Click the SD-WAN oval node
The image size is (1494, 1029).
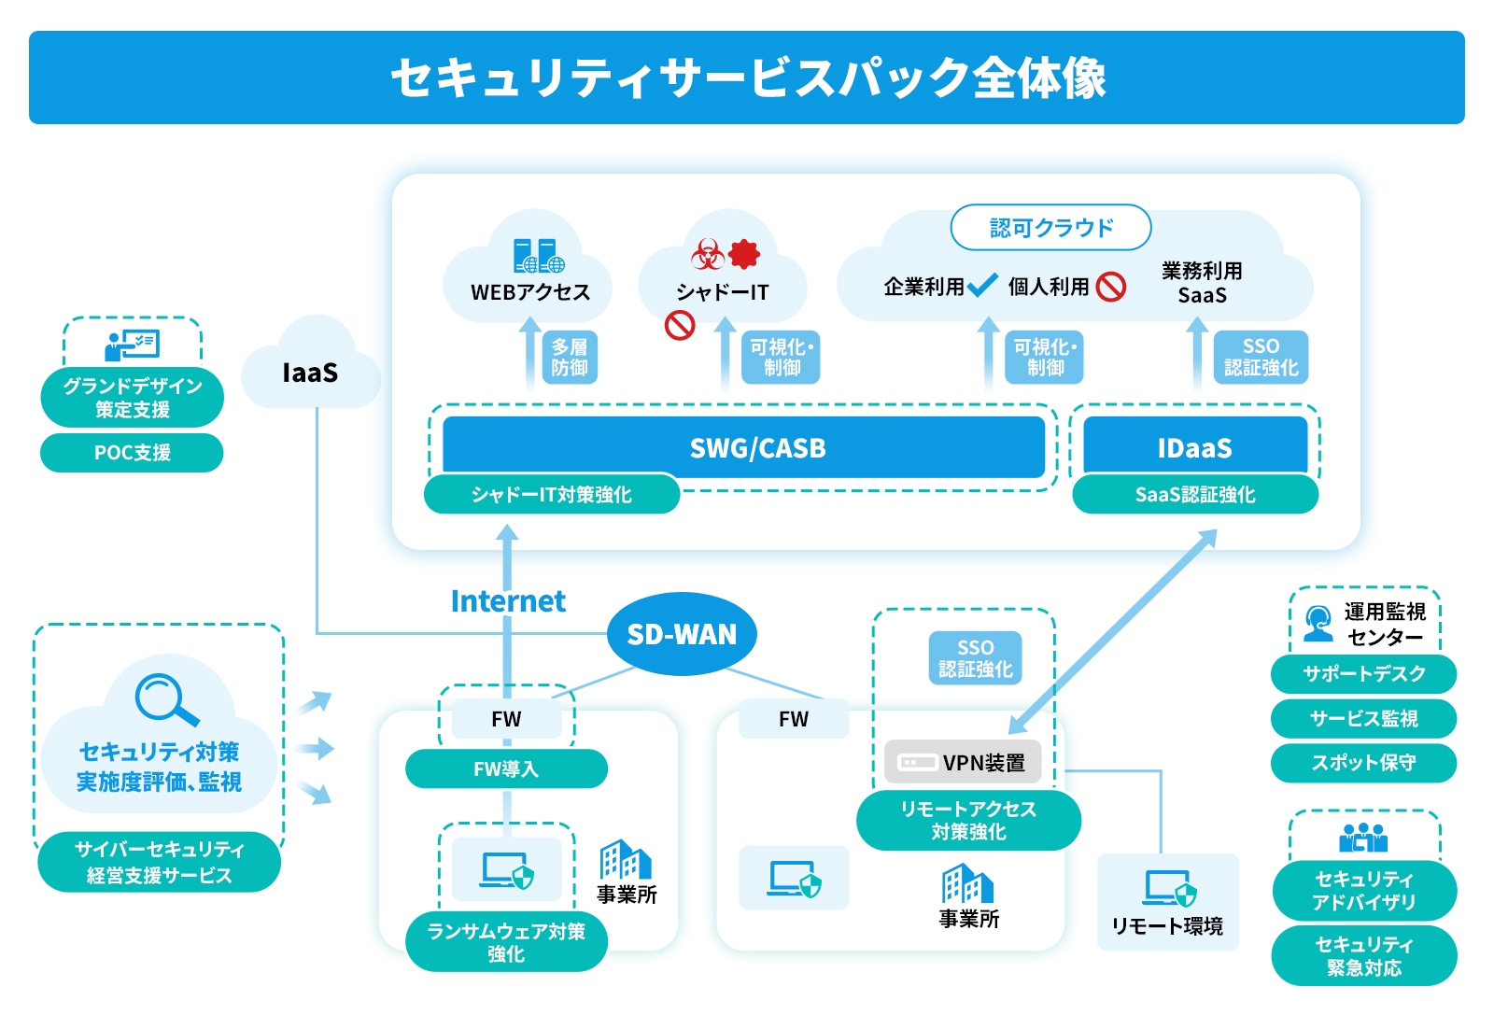coord(682,634)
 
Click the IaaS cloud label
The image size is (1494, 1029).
coord(310,373)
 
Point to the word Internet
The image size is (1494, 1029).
coord(508,600)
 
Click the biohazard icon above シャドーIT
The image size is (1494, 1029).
coord(707,253)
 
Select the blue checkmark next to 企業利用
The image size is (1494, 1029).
coord(982,285)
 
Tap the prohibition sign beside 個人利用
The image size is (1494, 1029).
coord(1110,286)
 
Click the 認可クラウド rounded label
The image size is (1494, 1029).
coord(1050,227)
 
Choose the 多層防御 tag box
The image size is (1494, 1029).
coord(569,357)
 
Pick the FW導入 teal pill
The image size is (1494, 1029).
coord(506,768)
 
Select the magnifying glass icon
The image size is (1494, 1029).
coord(166,699)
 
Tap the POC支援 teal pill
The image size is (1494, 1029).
coord(132,453)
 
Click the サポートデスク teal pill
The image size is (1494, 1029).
coord(1363,673)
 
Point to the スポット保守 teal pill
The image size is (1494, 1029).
coord(1363,762)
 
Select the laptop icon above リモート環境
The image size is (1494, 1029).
coord(1170,888)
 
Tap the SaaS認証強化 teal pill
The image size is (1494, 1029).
coord(1195,494)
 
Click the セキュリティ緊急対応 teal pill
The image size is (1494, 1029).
coord(1363,955)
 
